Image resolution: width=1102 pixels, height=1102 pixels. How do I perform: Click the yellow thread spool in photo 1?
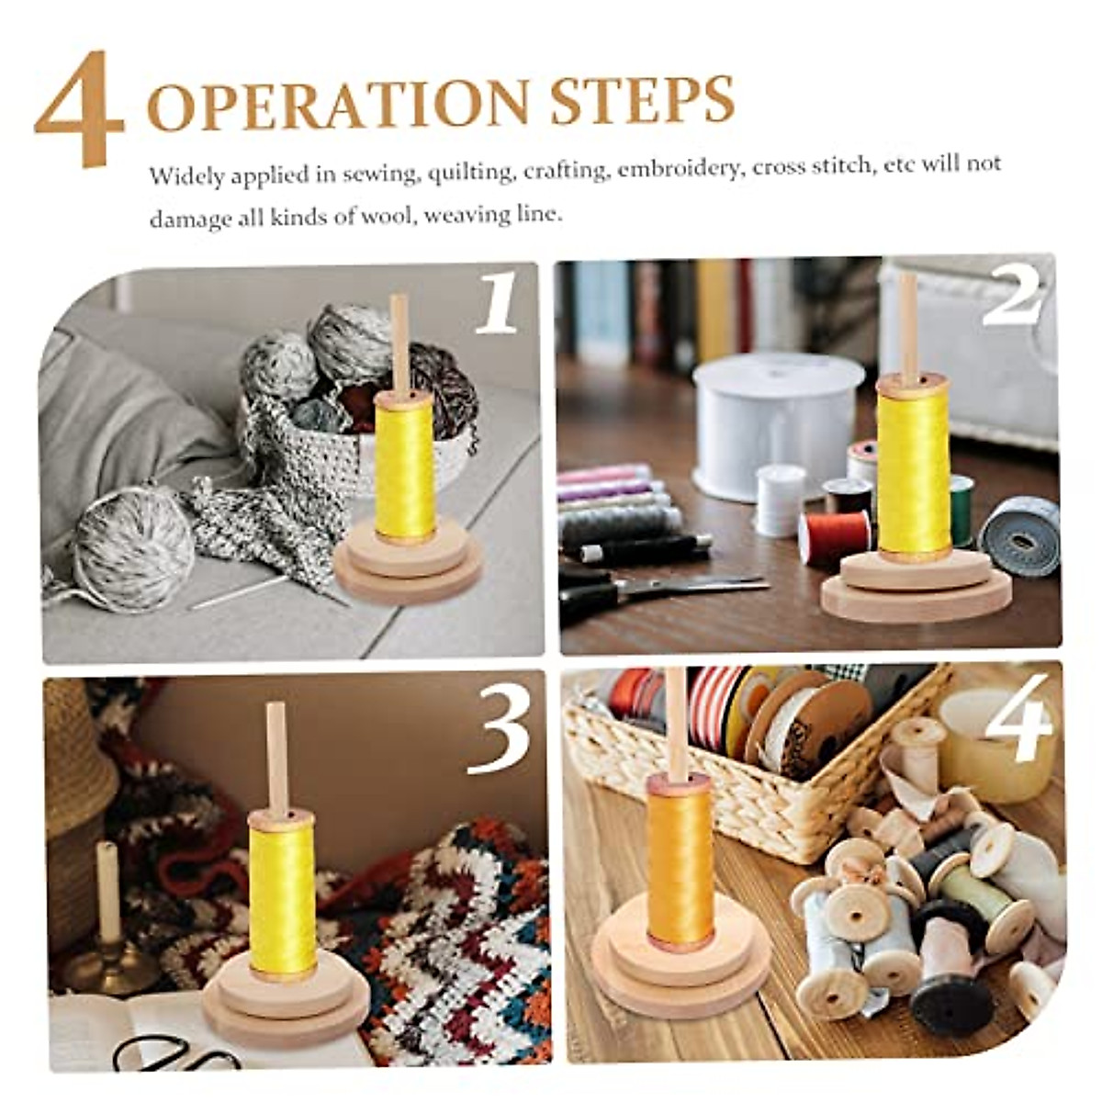point(405,467)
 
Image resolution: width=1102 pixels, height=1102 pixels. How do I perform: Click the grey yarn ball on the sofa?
point(134,548)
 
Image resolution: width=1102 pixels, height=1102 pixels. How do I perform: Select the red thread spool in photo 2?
point(834,536)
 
